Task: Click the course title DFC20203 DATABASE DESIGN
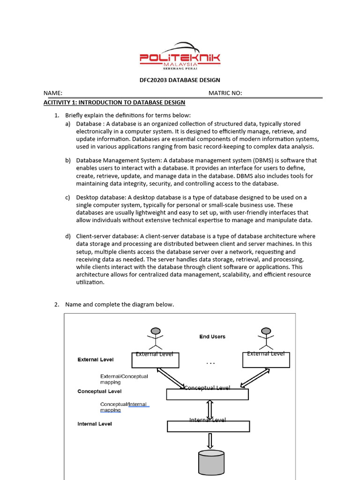pyautogui.click(x=180, y=80)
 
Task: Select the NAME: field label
pyautogui.click(x=53, y=93)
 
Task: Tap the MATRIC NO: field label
pyautogui.click(x=225, y=93)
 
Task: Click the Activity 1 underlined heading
pyautogui.click(x=114, y=102)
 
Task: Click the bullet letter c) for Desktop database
pyautogui.click(x=68, y=197)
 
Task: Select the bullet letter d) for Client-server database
pyautogui.click(x=68, y=236)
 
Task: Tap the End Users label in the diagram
pyautogui.click(x=212, y=337)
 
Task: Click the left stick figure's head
pyautogui.click(x=155, y=331)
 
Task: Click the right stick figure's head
pyautogui.click(x=266, y=331)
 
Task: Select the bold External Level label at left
pyautogui.click(x=95, y=360)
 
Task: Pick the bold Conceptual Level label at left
pyautogui.click(x=99, y=391)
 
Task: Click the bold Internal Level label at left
pyautogui.click(x=94, y=424)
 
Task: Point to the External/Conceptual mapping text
pyautogui.click(x=124, y=379)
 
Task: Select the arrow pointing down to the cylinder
pyautogui.click(x=210, y=441)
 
